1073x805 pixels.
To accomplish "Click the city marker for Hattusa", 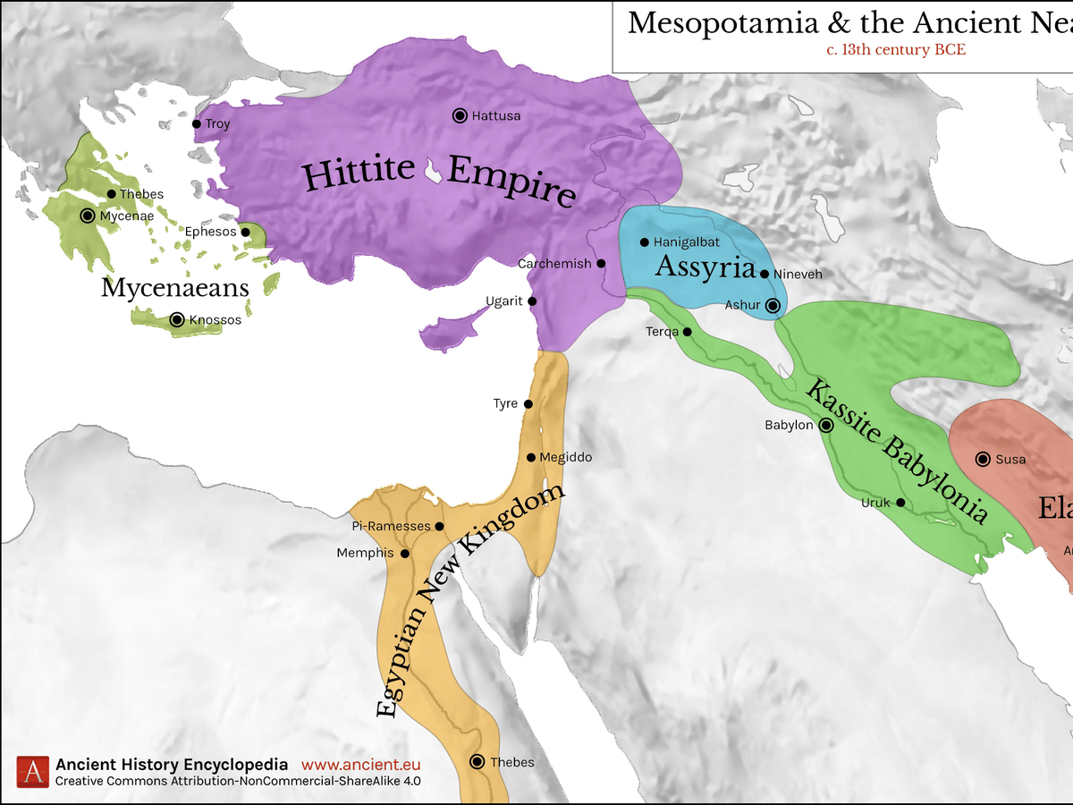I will tap(460, 115).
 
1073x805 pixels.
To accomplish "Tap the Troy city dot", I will tap(197, 124).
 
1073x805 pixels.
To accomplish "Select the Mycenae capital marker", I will tap(88, 216).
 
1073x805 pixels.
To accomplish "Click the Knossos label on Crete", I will tap(215, 319).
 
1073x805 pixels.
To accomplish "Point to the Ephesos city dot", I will tap(245, 232).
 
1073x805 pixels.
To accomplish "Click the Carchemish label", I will tap(554, 264).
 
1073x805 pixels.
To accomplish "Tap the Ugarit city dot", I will tap(532, 301).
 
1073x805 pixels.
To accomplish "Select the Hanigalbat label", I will tap(687, 242).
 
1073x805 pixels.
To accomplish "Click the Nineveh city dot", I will tap(765, 274).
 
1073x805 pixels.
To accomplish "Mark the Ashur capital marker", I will tap(773, 306).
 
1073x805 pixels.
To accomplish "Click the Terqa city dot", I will tap(688, 332).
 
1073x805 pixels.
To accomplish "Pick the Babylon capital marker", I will tap(826, 426).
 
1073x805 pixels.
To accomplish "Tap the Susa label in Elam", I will tap(1010, 460).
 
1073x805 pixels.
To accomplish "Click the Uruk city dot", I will tap(900, 503).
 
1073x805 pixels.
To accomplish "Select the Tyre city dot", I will tap(528, 404).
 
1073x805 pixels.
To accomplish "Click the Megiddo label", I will tap(566, 458).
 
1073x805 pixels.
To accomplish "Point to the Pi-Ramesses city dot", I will tap(439, 526).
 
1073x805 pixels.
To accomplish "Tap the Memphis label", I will tap(365, 554).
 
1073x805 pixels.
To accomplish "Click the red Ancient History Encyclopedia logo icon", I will tap(34, 772).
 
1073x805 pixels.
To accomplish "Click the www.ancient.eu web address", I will tap(360, 765).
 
